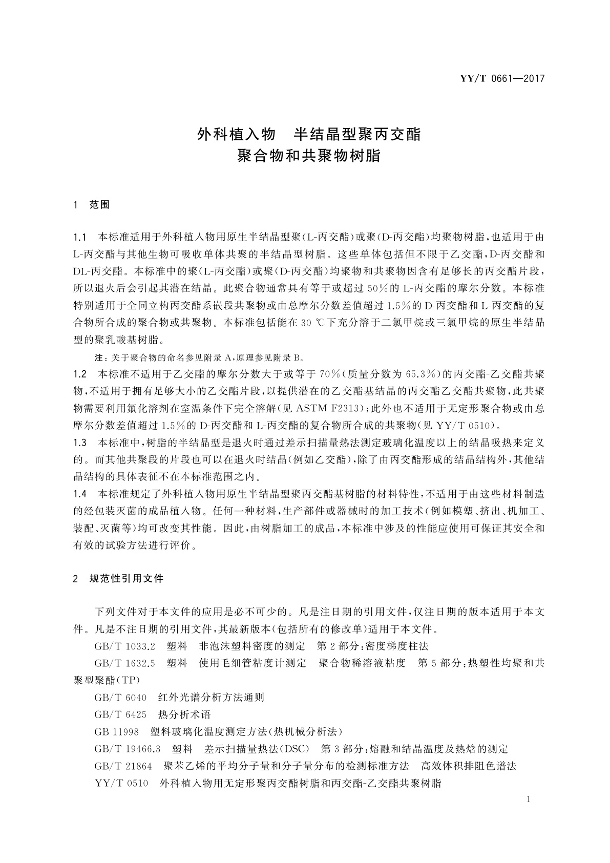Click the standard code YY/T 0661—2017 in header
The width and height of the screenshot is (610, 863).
tap(502, 79)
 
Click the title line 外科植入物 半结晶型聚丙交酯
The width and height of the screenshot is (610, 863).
tap(309, 135)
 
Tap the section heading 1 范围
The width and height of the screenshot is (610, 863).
tap(92, 205)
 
